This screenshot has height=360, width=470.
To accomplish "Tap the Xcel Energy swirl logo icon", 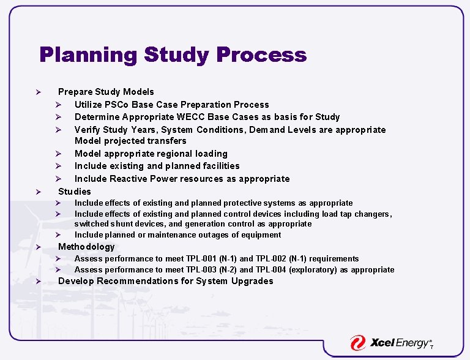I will pos(358,343).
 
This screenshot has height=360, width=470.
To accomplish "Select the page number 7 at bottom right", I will pos(431,347).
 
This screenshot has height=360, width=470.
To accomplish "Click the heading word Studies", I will pos(74,192).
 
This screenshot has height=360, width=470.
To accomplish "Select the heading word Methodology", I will pos(86,247).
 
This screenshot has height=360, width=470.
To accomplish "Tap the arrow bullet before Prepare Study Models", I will pos(38,92).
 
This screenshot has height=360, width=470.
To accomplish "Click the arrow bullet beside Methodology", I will pos(38,247).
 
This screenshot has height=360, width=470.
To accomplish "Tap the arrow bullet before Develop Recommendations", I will pos(38,282).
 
